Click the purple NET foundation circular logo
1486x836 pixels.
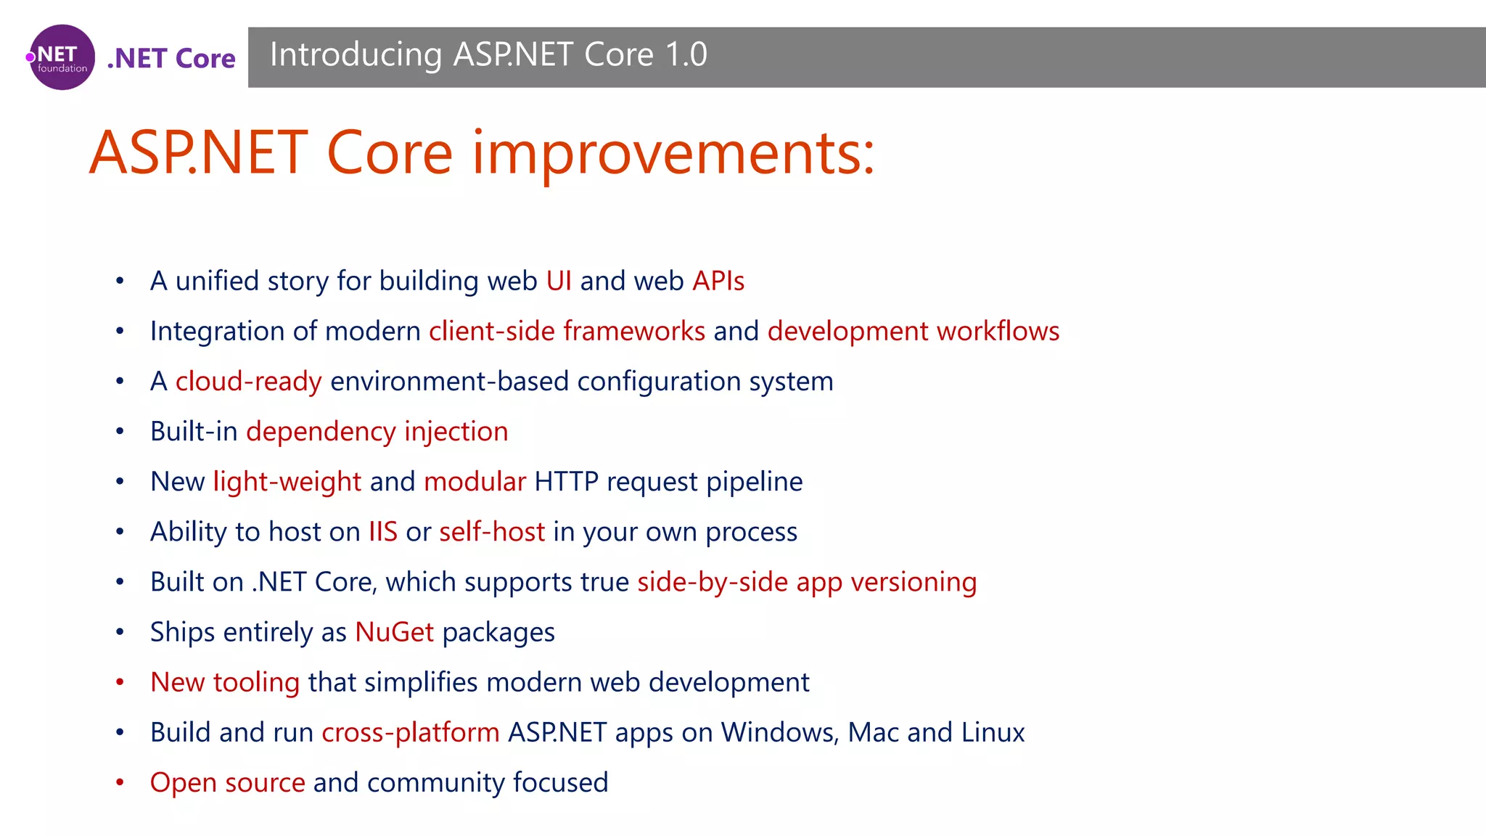tap(62, 57)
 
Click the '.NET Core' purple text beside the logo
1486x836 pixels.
tap(171, 58)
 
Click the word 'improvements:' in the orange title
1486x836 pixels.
tap(673, 153)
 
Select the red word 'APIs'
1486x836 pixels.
tap(718, 281)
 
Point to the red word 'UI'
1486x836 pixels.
tap(559, 281)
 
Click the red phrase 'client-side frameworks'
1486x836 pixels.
tap(567, 331)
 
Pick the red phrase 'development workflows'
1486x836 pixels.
tap(914, 331)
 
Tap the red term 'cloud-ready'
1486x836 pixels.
tap(248, 381)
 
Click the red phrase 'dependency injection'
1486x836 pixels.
tap(377, 431)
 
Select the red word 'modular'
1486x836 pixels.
tap(475, 482)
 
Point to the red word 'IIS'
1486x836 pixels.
tap(382, 532)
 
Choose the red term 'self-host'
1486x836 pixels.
tap(492, 532)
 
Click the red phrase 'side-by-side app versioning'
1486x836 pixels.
tap(807, 582)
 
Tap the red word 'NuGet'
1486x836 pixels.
tap(394, 632)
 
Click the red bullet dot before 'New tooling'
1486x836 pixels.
tap(120, 682)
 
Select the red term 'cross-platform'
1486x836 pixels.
tap(411, 732)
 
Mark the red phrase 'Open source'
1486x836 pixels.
tap(227, 782)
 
